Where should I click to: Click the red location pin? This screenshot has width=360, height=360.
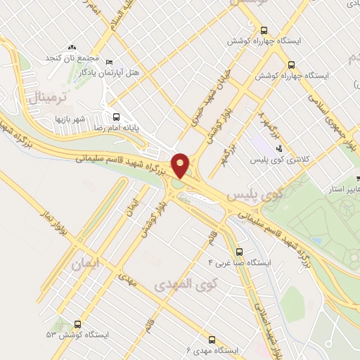(180, 165)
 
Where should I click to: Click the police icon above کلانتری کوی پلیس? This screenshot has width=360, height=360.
(280, 148)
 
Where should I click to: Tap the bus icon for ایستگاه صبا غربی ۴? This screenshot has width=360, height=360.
(239, 250)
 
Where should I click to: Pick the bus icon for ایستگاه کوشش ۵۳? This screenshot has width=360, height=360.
(76, 325)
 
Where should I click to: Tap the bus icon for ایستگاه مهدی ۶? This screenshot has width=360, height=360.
(214, 337)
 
